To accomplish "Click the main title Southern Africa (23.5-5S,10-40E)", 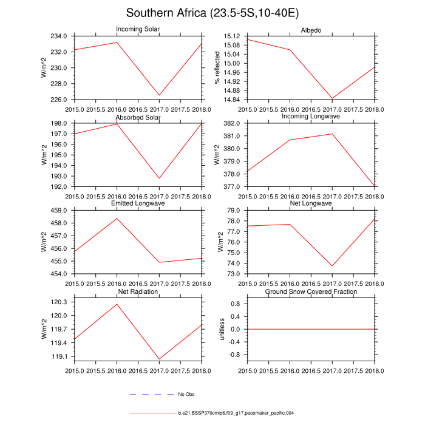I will coord(212,13).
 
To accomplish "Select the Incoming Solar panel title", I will coord(138,30).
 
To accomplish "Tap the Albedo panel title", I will coord(311,30).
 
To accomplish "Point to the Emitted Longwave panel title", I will coord(138,204).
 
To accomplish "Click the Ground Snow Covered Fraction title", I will coord(311,291).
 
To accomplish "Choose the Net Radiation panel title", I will coord(138,291).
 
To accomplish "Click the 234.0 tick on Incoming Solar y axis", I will coord(64,36).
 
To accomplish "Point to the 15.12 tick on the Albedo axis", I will coord(234,36).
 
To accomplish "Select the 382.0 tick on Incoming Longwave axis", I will coord(236,123).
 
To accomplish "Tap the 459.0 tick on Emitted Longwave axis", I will coord(64,210).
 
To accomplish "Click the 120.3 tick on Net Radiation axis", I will coord(64,302).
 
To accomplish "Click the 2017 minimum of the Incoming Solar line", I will coord(159,95).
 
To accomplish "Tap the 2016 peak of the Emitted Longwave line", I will coord(117,219).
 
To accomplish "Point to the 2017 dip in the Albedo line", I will coord(332,98).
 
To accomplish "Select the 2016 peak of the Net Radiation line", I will coord(117,304).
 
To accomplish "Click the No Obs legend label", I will coord(186,395).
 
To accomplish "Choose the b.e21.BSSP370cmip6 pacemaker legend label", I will coord(236,413).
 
